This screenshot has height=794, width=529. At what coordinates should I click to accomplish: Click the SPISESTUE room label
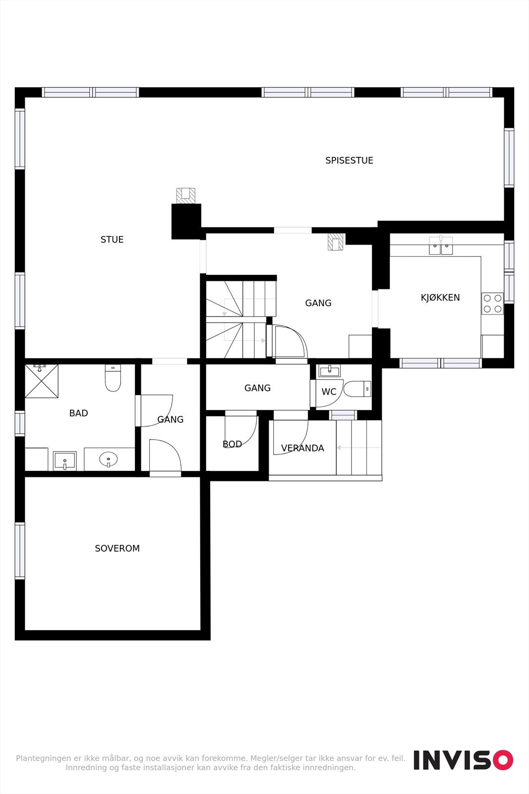pyautogui.click(x=349, y=160)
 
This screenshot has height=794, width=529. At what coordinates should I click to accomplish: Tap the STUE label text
pyautogui.click(x=112, y=240)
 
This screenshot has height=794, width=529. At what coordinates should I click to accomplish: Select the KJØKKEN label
pyautogui.click(x=440, y=298)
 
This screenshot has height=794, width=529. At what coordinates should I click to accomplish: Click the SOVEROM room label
pyautogui.click(x=117, y=548)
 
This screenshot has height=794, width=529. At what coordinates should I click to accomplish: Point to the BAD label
pyautogui.click(x=78, y=413)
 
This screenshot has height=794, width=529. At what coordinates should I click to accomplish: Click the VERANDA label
pyautogui.click(x=302, y=448)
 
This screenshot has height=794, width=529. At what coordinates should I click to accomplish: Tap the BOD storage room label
pyautogui.click(x=232, y=444)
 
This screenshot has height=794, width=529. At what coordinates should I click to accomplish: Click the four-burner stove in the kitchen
pyautogui.click(x=492, y=303)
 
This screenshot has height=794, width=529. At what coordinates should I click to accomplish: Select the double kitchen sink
pyautogui.click(x=441, y=246)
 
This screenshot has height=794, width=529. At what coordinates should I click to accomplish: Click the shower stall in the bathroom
pyautogui.click(x=42, y=381)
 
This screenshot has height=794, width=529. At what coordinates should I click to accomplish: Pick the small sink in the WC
pyautogui.click(x=329, y=371)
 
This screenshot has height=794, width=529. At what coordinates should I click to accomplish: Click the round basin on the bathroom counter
pyautogui.click(x=109, y=460)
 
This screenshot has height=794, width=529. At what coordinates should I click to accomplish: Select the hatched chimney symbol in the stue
pyautogui.click(x=186, y=196)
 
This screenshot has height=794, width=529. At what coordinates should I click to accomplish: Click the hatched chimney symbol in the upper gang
pyautogui.click(x=336, y=242)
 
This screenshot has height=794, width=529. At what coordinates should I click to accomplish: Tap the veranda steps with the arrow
pyautogui.click(x=359, y=448)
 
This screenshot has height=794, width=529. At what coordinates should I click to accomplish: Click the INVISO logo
pyautogui.click(x=463, y=760)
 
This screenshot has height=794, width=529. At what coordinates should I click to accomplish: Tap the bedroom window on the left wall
pyautogui.click(x=20, y=551)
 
